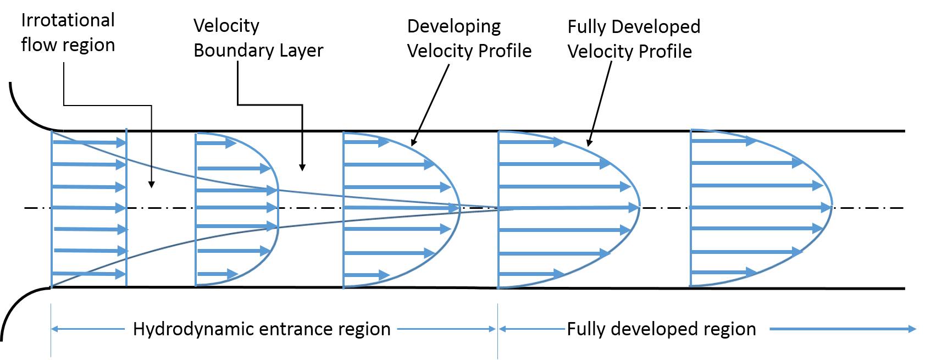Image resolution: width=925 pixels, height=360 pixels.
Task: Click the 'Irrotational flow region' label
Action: (x=68, y=32)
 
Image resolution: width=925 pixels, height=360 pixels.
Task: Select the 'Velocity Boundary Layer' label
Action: (x=258, y=38)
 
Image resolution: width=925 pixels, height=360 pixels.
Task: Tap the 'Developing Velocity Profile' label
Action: (x=469, y=38)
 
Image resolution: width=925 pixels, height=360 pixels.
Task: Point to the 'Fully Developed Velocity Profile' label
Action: (x=633, y=38)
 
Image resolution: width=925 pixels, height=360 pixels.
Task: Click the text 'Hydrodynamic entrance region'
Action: (x=262, y=329)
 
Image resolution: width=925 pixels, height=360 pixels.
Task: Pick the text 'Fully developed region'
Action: (x=661, y=329)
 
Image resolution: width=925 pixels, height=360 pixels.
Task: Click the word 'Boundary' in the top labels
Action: (x=230, y=51)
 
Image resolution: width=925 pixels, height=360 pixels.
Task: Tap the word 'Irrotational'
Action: (x=68, y=20)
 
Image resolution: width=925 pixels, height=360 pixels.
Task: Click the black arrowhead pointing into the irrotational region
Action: (x=151, y=185)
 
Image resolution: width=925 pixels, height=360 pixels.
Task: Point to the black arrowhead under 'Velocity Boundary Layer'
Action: (x=302, y=167)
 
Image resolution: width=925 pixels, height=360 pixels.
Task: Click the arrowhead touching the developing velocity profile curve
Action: (x=413, y=142)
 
